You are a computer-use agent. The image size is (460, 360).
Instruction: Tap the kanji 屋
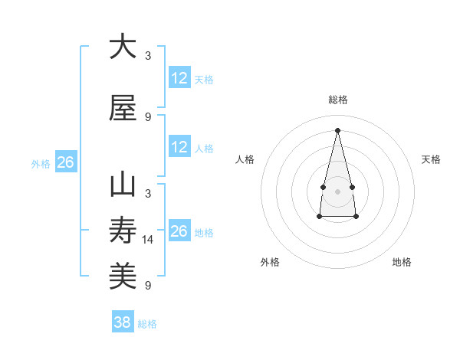click(123, 108)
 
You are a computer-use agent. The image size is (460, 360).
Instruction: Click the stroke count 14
click(148, 240)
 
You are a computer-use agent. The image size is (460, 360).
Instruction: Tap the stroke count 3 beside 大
click(148, 56)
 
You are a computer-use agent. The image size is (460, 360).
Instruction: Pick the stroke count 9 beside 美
click(148, 286)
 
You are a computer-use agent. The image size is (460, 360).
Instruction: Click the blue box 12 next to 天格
click(179, 78)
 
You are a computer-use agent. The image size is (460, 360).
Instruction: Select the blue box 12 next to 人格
click(179, 147)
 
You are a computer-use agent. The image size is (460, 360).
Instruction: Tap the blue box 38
click(122, 322)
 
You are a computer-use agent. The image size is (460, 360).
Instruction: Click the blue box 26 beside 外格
click(65, 162)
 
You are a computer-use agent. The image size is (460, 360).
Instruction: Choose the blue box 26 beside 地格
click(179, 231)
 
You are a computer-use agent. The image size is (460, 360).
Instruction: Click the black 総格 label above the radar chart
click(337, 100)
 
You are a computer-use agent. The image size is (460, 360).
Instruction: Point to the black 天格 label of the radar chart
click(431, 159)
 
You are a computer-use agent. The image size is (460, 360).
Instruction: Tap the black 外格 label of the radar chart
click(270, 262)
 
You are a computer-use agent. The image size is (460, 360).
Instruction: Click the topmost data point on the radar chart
click(337, 129)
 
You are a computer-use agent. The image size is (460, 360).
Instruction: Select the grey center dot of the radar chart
click(337, 191)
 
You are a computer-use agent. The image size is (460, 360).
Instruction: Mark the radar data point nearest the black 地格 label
click(356, 217)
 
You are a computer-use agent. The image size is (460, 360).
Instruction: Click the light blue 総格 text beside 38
click(147, 324)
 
